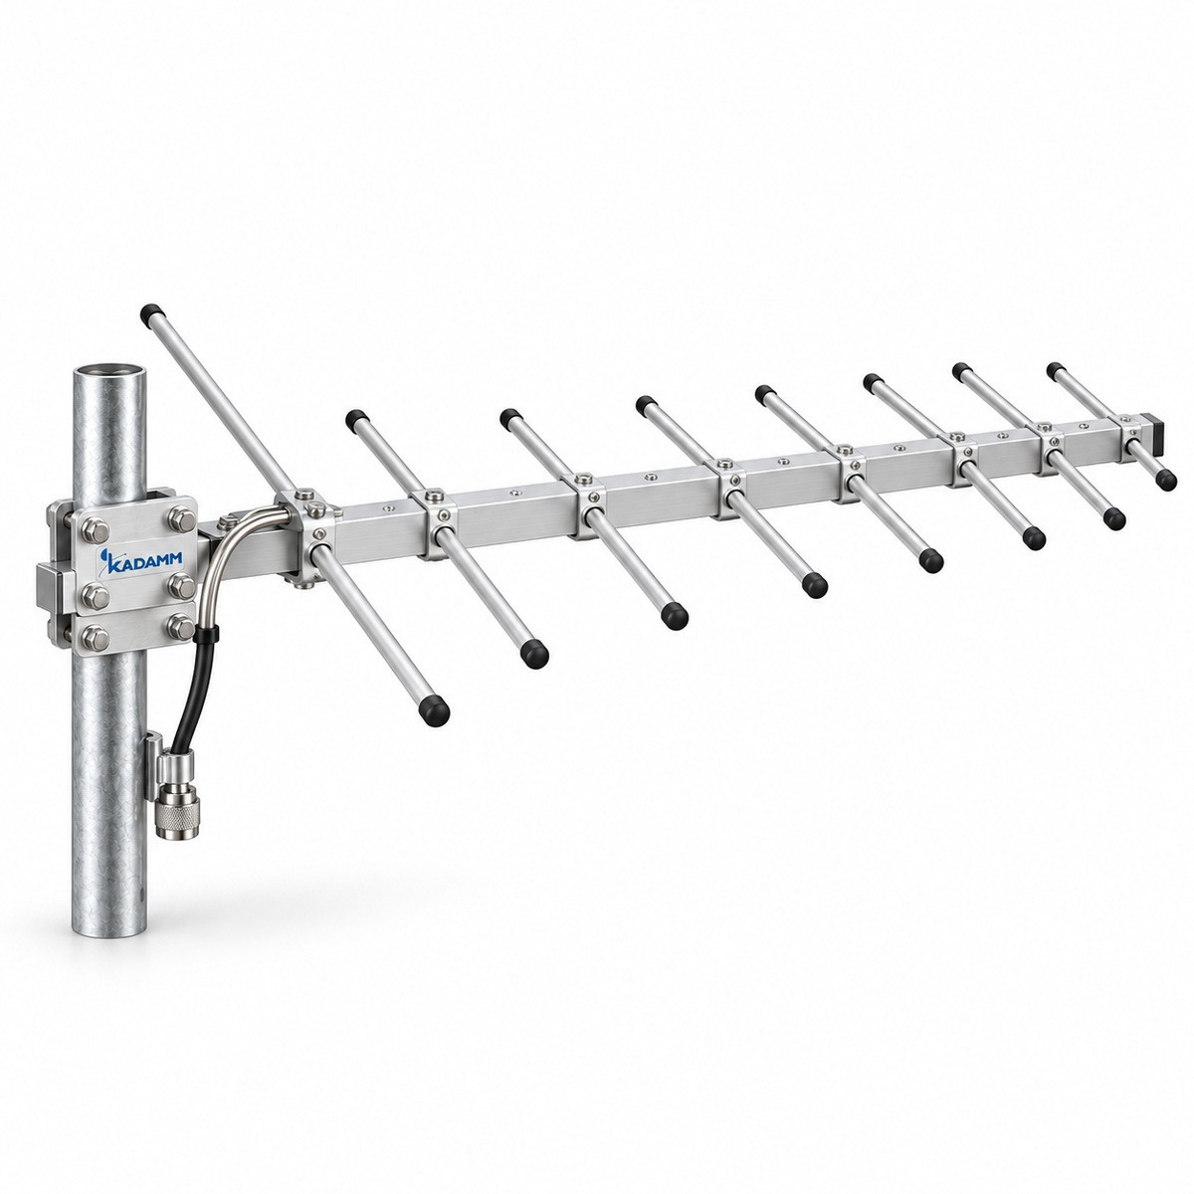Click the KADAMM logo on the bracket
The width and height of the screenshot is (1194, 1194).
click(140, 558)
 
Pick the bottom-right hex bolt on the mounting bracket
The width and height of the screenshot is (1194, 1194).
click(181, 626)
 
